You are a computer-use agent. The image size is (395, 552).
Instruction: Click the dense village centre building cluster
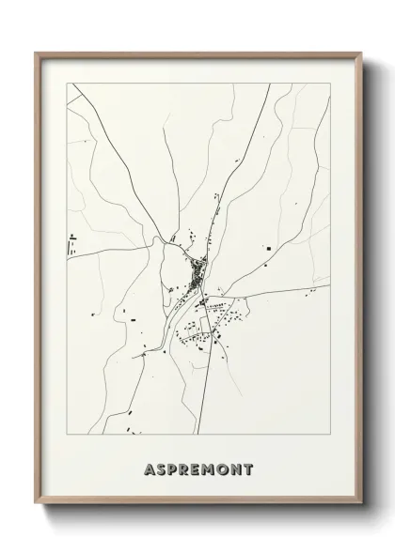(197, 273)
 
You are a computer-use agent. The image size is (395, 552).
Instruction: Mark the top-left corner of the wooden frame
(36, 53)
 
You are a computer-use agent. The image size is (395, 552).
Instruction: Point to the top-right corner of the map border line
(330, 83)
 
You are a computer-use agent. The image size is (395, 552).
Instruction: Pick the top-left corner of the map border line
(67, 83)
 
